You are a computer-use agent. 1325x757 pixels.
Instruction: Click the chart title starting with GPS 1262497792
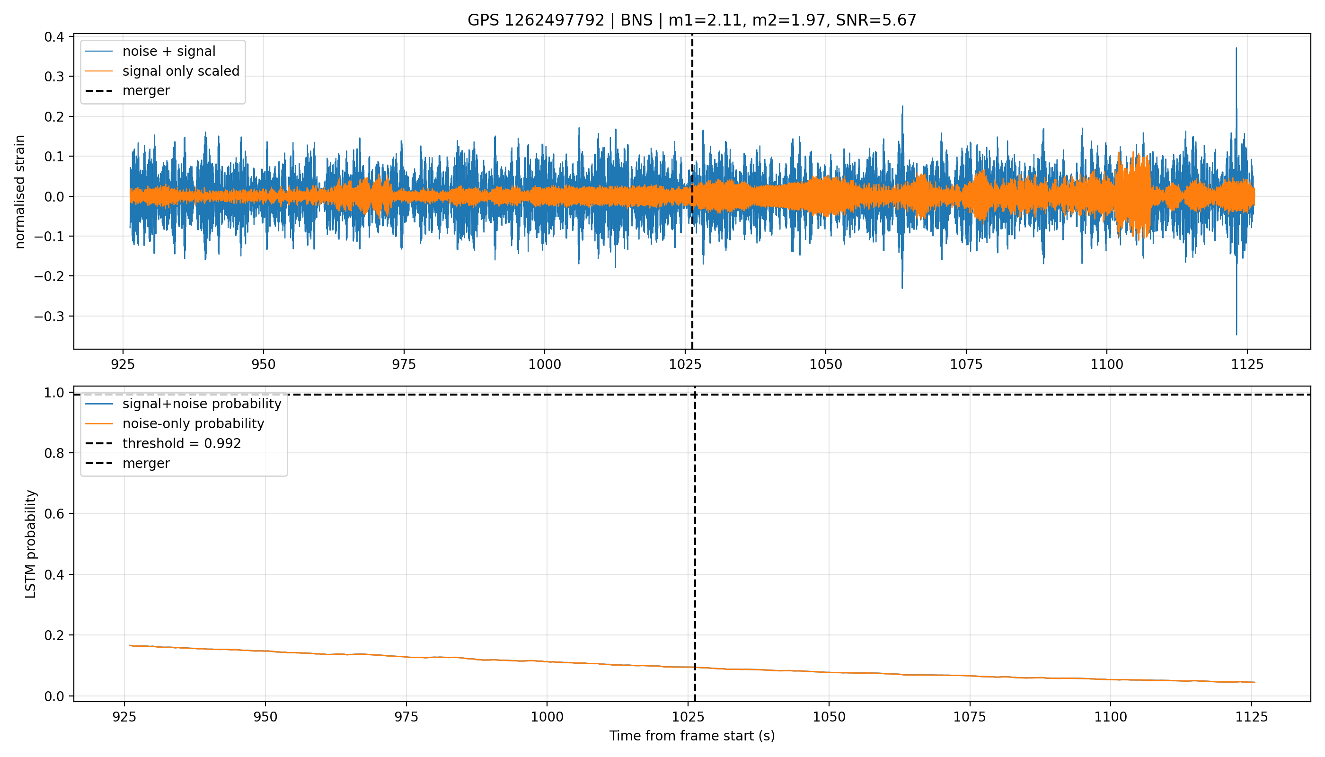click(x=692, y=20)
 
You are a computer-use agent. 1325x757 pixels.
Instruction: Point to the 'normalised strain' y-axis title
click(x=20, y=192)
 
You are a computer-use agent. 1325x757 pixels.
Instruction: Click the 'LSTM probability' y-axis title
click(x=31, y=544)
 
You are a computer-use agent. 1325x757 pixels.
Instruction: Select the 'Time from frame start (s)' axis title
click(x=692, y=736)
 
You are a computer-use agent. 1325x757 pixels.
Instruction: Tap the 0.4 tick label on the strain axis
click(x=54, y=37)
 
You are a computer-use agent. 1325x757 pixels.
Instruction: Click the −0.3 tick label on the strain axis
click(x=49, y=317)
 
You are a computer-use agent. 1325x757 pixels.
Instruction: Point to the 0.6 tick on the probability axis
click(x=54, y=514)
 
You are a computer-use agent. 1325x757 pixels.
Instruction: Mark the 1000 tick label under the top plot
click(x=545, y=364)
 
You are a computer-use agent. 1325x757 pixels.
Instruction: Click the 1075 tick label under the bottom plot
click(x=970, y=717)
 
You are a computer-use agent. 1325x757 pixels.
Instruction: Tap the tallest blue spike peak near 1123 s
click(x=1236, y=48)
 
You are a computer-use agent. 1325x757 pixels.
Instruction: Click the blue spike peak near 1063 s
click(x=903, y=106)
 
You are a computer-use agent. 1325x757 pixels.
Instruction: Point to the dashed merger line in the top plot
click(x=692, y=191)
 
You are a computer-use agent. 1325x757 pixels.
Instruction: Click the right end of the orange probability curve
click(x=1255, y=682)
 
